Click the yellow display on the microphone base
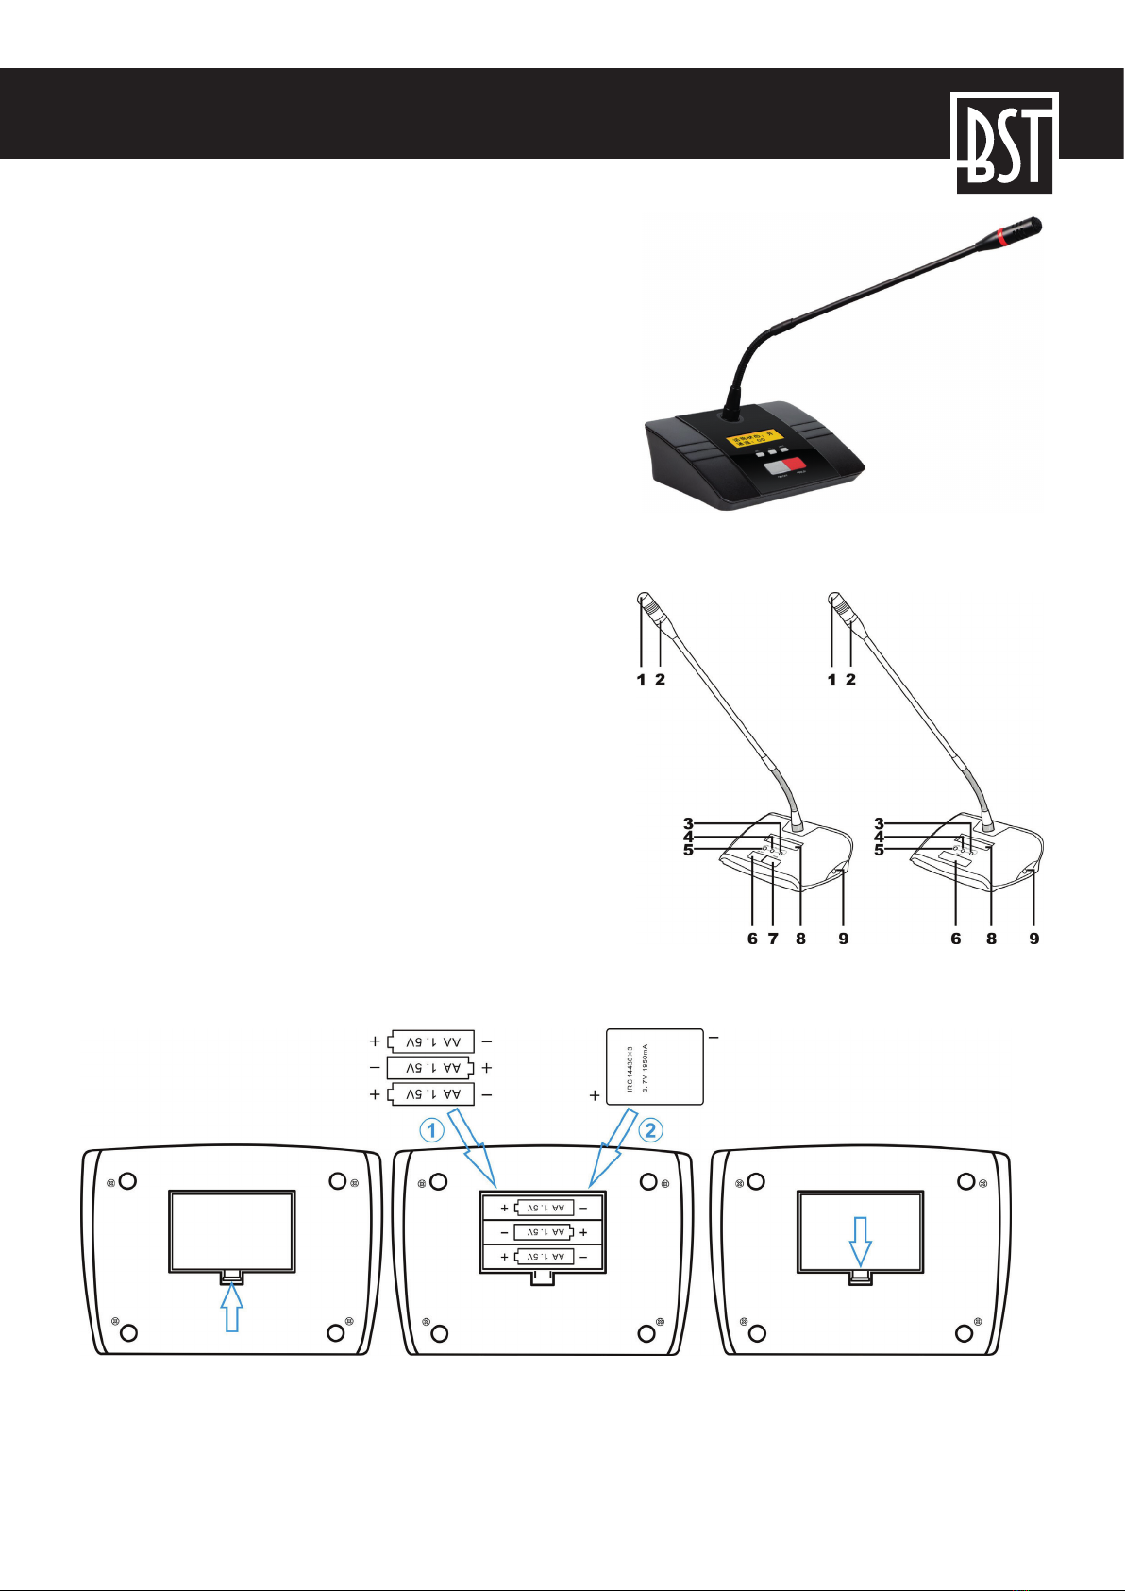[x=754, y=438]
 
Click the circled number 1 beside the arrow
[x=432, y=1130]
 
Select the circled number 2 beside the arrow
[x=651, y=1130]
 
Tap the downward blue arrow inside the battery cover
[x=859, y=1240]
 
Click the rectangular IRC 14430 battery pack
[x=654, y=1066]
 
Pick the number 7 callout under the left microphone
[x=773, y=939]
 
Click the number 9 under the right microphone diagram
[x=1034, y=939]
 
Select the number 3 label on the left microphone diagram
[x=689, y=824]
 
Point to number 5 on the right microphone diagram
[x=880, y=850]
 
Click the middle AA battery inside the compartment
[x=543, y=1232]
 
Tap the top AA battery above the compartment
[x=431, y=1041]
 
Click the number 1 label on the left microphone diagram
[x=642, y=679]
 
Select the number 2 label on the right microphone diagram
[x=850, y=679]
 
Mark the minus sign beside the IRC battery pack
[x=714, y=1037]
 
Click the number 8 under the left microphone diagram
[x=801, y=939]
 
